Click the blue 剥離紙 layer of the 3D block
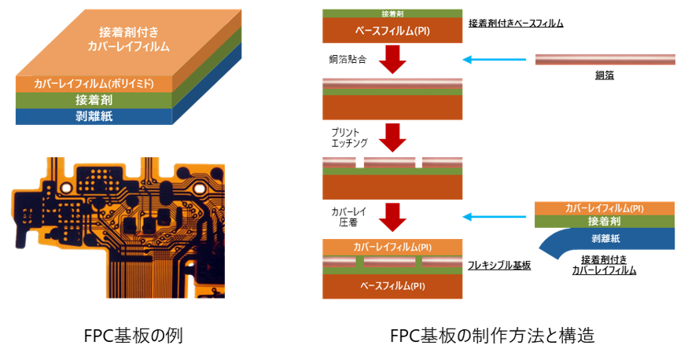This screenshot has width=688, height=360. click(94, 116)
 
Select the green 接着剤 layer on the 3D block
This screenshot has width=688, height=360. click(94, 101)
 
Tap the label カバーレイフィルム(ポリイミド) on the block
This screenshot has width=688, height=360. click(94, 84)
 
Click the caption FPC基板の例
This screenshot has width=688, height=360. click(134, 336)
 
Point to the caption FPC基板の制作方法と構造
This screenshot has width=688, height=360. click(492, 336)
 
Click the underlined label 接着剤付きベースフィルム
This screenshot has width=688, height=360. click(516, 24)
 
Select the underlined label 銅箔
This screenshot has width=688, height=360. click(605, 75)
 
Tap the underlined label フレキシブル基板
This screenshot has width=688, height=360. click(499, 266)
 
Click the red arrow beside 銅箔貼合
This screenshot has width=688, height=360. click(392, 59)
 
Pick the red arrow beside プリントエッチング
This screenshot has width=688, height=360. click(392, 138)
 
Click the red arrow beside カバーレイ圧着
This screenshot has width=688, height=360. click(392, 217)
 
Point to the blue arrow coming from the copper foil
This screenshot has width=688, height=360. click(495, 60)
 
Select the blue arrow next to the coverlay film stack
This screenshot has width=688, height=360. click(495, 217)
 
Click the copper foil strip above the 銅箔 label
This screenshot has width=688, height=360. click(605, 60)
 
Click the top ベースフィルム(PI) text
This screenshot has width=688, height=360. click(392, 31)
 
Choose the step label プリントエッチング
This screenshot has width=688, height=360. click(349, 138)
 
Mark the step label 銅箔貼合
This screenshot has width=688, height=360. click(348, 59)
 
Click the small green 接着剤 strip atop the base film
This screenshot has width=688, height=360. click(392, 13)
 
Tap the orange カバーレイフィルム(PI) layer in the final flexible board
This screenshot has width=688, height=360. click(392, 248)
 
